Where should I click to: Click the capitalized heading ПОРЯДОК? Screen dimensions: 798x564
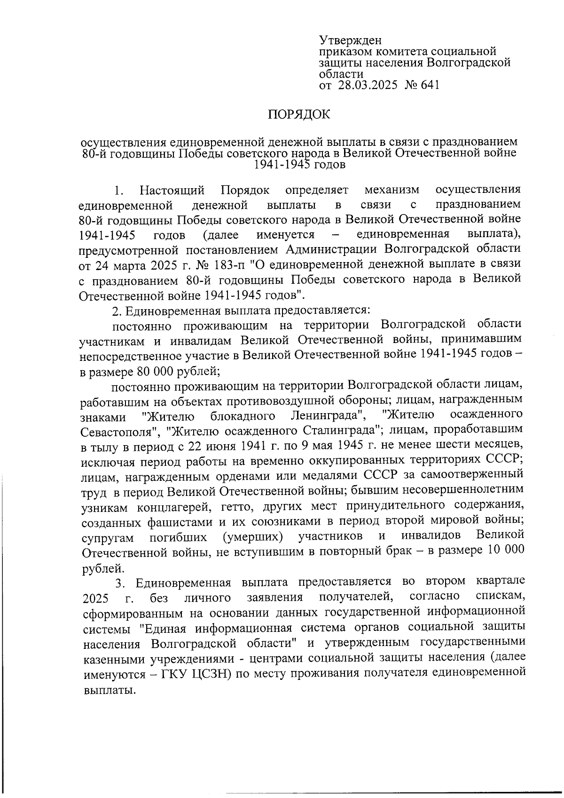(x=299, y=114)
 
